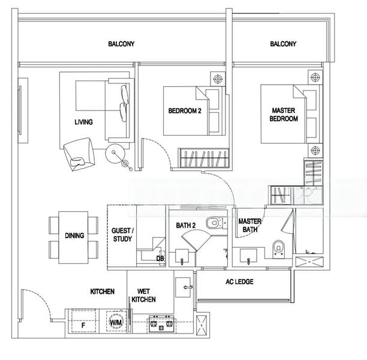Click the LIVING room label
tap(83, 122)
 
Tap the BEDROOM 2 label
tap(184, 111)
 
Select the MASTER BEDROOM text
tap(284, 115)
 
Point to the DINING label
tap(74, 236)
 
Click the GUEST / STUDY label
tap(123, 235)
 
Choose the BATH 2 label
tap(185, 226)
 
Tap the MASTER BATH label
tap(249, 225)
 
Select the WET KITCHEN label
tap(144, 295)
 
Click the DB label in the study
tap(160, 259)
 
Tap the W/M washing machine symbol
tap(116, 323)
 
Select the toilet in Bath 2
tap(212, 224)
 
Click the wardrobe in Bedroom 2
tap(204, 158)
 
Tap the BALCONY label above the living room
tap(121, 44)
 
